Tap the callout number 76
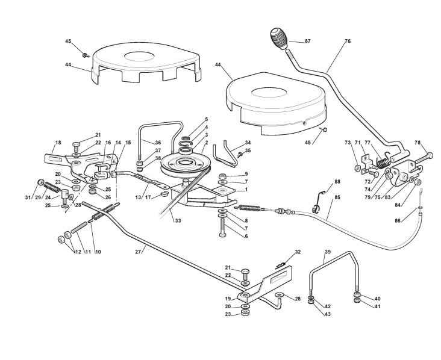tap(348, 41)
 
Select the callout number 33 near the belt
tap(178, 220)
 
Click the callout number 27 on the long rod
tap(137, 252)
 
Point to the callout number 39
tap(328, 252)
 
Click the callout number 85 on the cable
tap(337, 197)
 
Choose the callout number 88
tap(337, 182)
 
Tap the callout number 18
tap(58, 143)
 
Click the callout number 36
tap(158, 143)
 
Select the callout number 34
tap(248, 143)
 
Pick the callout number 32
tap(298, 252)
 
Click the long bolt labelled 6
tap(222, 228)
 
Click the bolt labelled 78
tap(424, 157)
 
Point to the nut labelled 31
tap(40, 182)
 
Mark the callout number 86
tap(397, 220)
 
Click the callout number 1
tap(246, 190)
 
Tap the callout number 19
tap(228, 299)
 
